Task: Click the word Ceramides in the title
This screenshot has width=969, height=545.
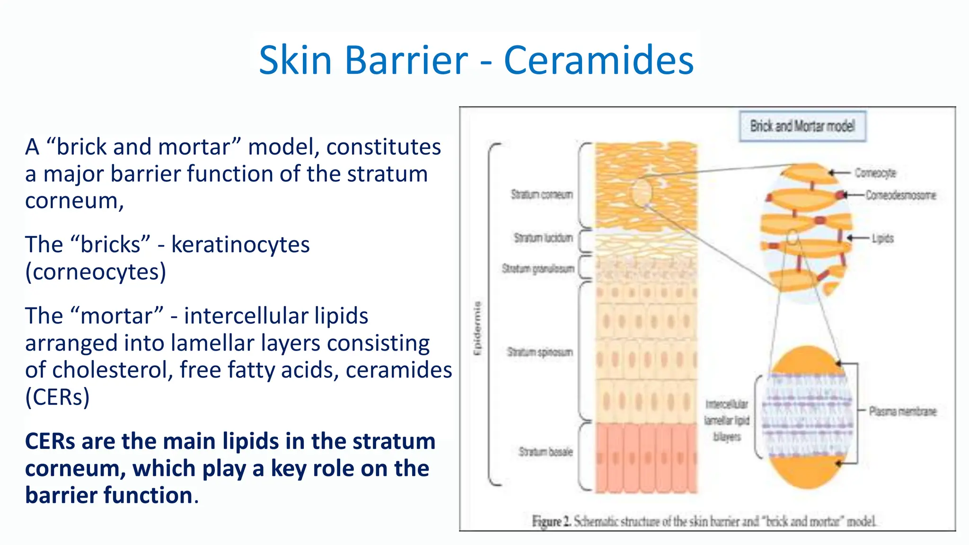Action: [x=599, y=60]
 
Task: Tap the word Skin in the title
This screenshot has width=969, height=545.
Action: [x=295, y=60]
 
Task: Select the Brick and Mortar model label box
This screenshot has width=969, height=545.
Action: [x=802, y=126]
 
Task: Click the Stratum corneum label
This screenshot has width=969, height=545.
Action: [x=542, y=194]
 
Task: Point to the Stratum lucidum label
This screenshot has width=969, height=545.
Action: [x=543, y=237]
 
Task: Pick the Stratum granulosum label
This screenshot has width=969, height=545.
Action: [x=538, y=269]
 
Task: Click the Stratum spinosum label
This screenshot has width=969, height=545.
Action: [x=540, y=352]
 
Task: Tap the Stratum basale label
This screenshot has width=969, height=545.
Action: [x=545, y=452]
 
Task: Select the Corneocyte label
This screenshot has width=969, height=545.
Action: [x=875, y=173]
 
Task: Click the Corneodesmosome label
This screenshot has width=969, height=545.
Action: [x=900, y=195]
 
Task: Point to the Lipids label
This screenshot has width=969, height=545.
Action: [x=882, y=238]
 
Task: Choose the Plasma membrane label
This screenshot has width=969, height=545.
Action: [x=902, y=411]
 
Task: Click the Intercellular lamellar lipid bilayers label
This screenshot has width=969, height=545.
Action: [x=727, y=420]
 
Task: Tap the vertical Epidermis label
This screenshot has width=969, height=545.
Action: [x=478, y=328]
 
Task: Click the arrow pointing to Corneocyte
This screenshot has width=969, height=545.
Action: [x=840, y=173]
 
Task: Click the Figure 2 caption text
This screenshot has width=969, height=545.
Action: [x=704, y=521]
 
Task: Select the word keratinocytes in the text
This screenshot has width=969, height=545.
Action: [x=240, y=245]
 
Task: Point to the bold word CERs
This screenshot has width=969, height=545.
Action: [x=50, y=441]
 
